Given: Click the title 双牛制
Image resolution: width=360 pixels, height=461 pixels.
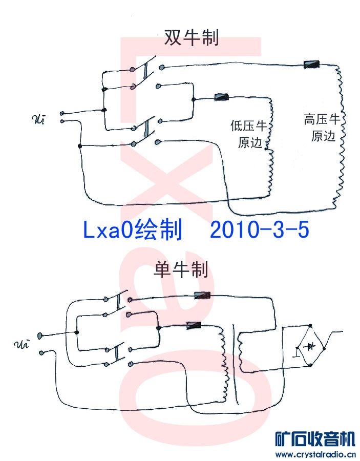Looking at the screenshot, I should (191, 38).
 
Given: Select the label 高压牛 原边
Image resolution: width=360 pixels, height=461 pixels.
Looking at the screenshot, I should (322, 128).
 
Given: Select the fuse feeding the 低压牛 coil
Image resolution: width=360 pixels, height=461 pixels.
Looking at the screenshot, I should (221, 97).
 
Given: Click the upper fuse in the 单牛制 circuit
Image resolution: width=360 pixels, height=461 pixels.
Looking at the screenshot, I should (202, 295).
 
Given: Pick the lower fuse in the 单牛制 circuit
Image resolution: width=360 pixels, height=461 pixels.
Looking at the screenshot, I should (195, 324).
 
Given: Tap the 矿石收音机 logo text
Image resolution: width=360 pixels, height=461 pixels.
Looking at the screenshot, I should (315, 439).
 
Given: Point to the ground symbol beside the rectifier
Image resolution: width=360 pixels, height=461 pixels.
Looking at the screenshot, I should (296, 353).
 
